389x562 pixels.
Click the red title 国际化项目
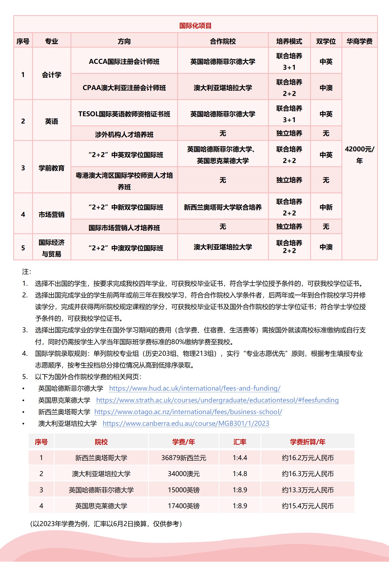[195, 26]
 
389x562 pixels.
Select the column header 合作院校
[223, 41]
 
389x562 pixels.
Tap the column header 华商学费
[359, 41]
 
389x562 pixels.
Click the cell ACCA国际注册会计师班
[124, 62]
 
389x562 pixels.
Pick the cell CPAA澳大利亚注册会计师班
[124, 88]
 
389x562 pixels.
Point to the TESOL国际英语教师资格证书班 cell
[124, 114]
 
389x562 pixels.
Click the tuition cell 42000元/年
[359, 155]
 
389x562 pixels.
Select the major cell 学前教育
[51, 168]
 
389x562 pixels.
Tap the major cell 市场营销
[51, 214]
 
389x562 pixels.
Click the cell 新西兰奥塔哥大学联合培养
[223, 207]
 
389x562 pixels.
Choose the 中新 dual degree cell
[326, 207]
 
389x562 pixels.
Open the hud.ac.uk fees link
[194, 388]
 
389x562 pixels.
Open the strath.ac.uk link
[217, 400]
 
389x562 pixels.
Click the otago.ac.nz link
[188, 412]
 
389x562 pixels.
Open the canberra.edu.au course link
[186, 423]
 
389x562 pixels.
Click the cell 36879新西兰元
[184, 458]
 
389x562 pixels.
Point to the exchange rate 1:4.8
[240, 474]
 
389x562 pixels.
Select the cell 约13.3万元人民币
[308, 490]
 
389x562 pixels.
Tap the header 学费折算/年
[308, 442]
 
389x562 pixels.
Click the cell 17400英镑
[184, 506]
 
